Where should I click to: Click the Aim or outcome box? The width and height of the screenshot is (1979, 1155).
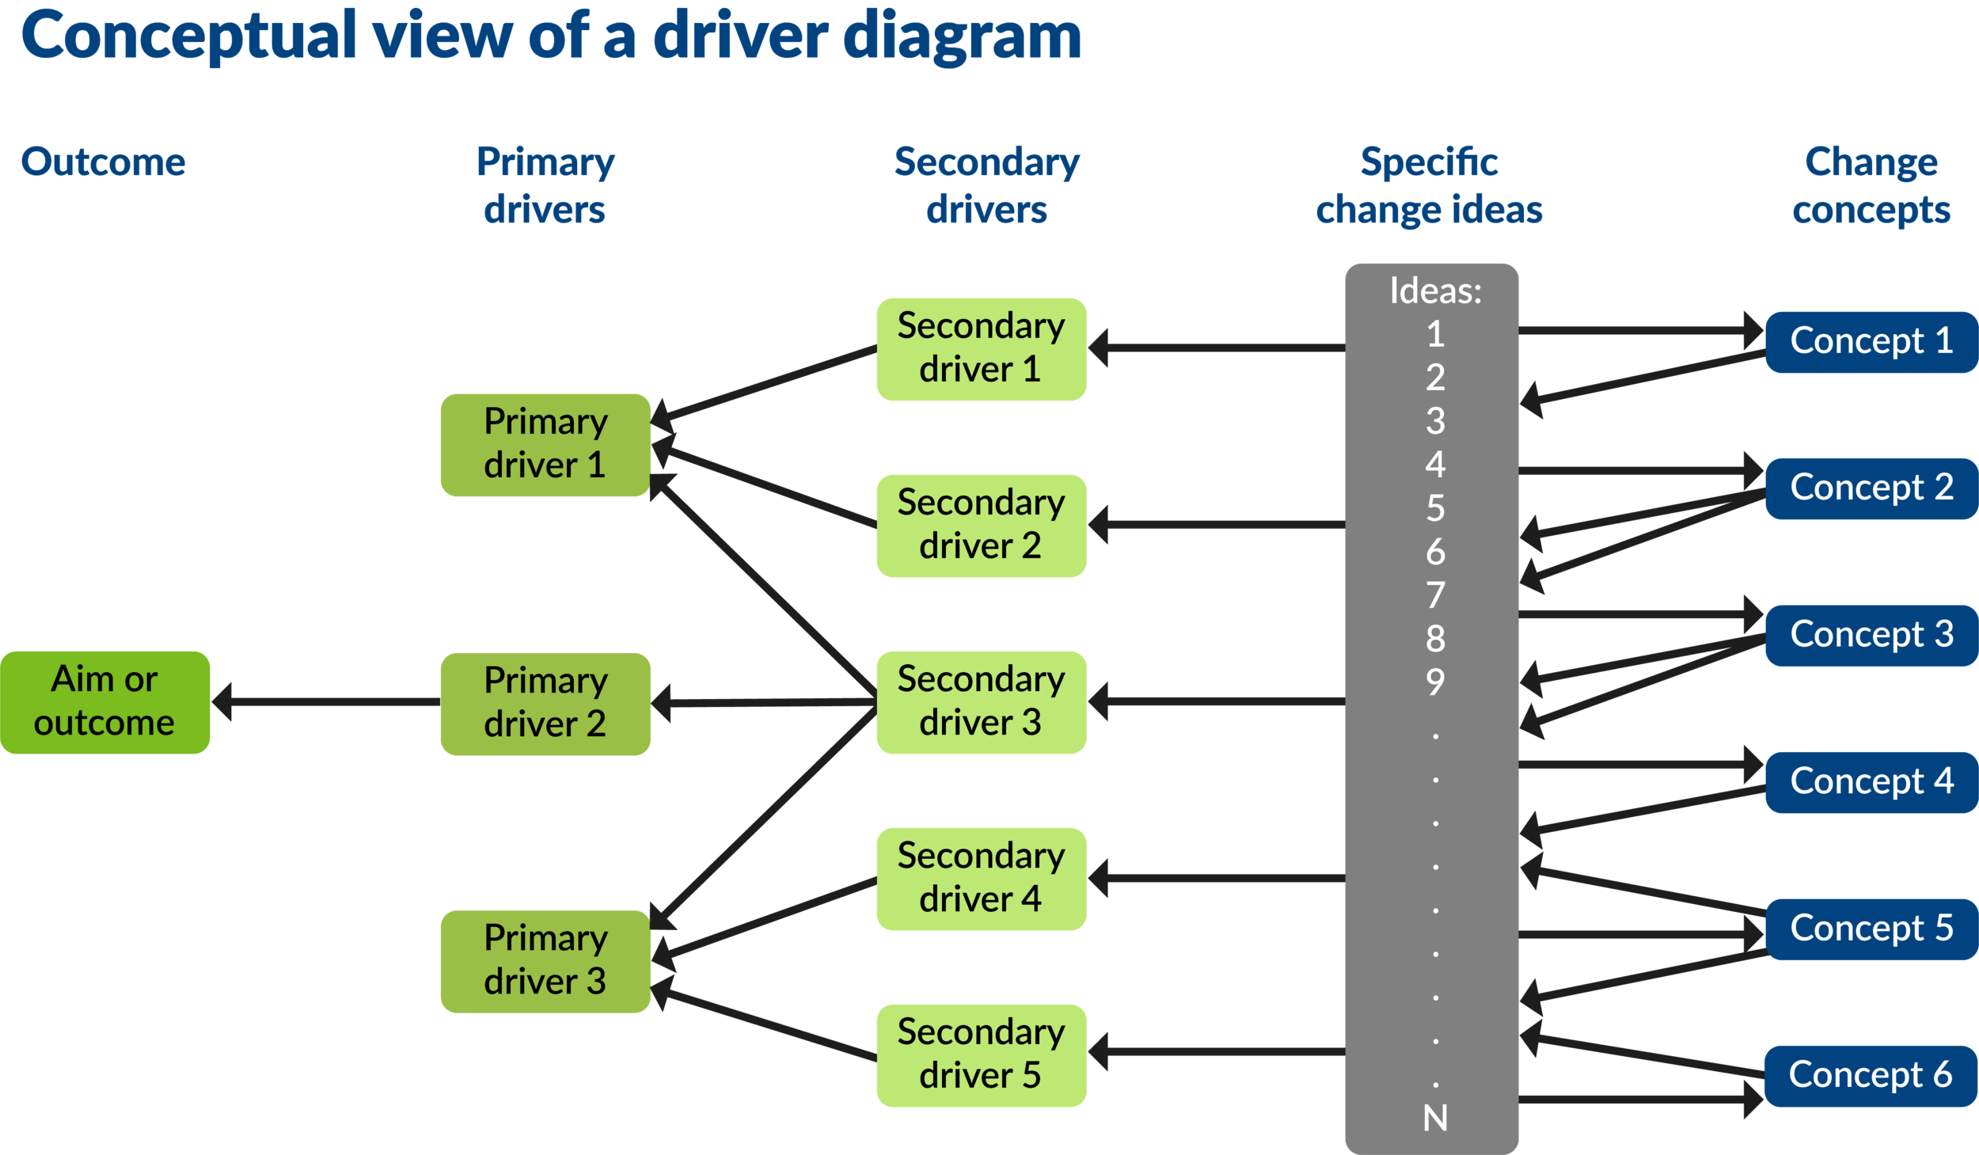tap(104, 701)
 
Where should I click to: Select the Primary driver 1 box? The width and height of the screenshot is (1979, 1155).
tap(545, 444)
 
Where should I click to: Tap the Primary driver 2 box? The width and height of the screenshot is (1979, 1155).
tap(545, 703)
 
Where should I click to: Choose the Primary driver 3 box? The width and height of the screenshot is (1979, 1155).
tap(545, 960)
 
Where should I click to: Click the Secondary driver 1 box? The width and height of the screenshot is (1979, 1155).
tap(981, 348)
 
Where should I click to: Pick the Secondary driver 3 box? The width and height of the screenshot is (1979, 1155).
tap(981, 701)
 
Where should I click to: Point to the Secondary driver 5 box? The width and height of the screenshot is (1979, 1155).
tap(981, 1054)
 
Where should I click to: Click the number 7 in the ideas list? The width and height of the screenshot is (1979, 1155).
tap(1435, 595)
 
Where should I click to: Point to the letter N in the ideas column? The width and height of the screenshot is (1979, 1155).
tap(1435, 1118)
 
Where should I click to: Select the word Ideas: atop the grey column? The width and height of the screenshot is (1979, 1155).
tap(1435, 291)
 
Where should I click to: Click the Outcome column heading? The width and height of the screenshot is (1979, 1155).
tap(103, 162)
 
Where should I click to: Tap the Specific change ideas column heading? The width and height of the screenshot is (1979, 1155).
tap(1429, 186)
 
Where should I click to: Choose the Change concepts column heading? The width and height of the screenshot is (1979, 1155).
tap(1871, 186)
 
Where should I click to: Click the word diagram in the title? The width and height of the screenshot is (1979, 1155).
tap(961, 36)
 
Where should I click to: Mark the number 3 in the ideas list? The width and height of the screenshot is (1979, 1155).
tap(1435, 420)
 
